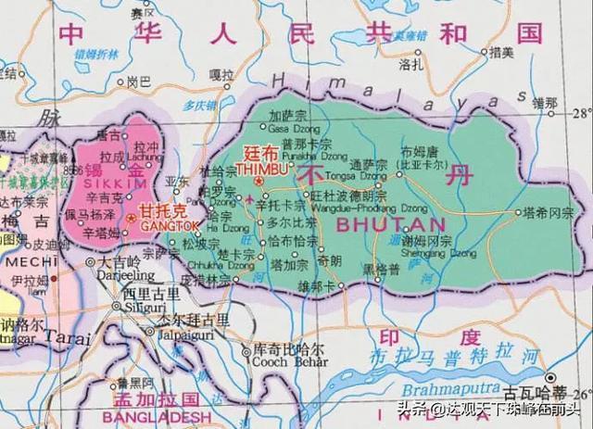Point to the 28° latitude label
581,114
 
